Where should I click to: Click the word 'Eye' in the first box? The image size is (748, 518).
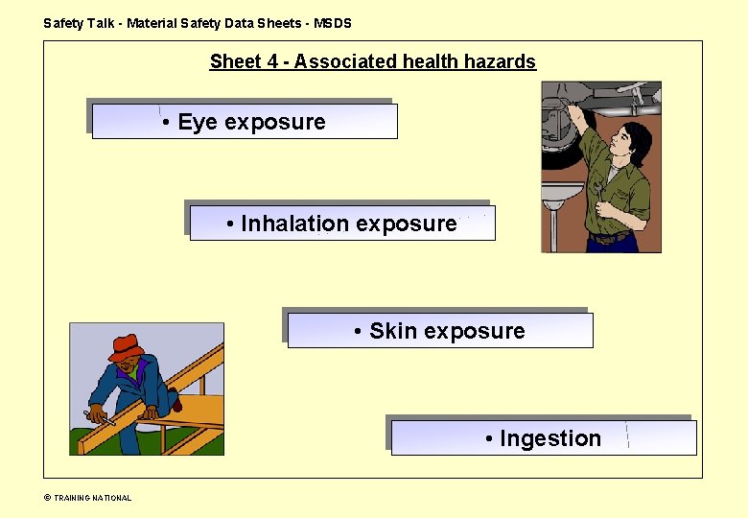198,122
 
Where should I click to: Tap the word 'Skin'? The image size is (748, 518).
392,331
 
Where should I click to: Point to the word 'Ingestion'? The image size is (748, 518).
549,438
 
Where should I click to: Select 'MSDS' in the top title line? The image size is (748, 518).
333,23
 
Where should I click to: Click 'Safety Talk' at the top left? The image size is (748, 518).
79,23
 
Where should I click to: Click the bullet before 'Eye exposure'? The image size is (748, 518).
167,122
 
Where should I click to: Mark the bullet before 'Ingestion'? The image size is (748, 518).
489,438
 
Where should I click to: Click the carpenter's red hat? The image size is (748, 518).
125,345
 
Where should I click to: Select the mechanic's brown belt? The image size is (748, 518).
610,237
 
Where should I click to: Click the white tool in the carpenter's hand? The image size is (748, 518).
100,418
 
